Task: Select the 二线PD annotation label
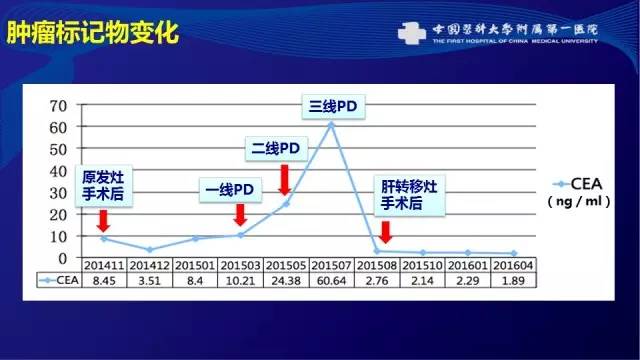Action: (274, 149)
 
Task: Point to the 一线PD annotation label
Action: (230, 189)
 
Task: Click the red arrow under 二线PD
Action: (284, 180)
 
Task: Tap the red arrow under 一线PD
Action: (239, 214)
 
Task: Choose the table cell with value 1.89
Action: (513, 281)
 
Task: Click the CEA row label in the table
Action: (58, 281)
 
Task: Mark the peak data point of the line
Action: (331, 124)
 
